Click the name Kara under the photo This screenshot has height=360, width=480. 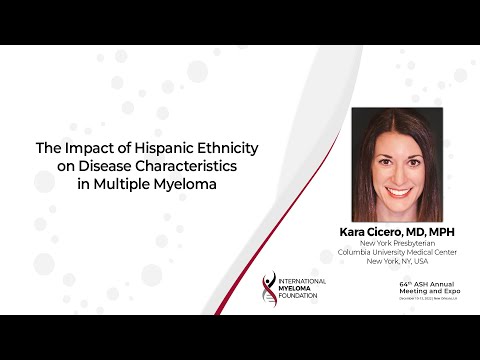[x=356, y=233]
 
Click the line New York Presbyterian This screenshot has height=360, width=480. [x=397, y=245]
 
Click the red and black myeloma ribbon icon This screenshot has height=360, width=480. [x=267, y=287]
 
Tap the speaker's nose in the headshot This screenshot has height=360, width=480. [x=397, y=172]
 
